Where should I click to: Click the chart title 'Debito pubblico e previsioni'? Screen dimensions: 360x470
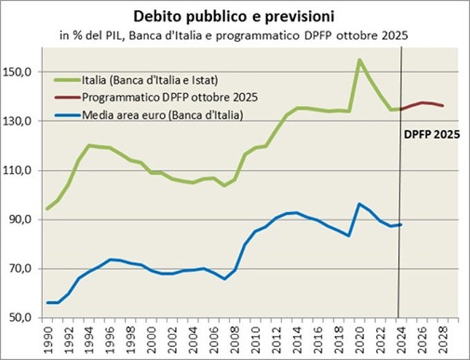(235, 15)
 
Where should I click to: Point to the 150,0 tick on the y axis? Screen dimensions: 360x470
(20, 72)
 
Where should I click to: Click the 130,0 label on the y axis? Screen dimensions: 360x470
(20, 121)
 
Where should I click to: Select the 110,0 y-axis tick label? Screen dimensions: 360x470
(20, 171)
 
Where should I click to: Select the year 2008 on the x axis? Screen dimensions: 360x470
(235, 337)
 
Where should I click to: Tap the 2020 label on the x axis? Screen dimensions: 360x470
(359, 337)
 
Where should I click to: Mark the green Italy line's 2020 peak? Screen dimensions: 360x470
(359, 59)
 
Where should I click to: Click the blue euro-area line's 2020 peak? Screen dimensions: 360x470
(359, 204)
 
